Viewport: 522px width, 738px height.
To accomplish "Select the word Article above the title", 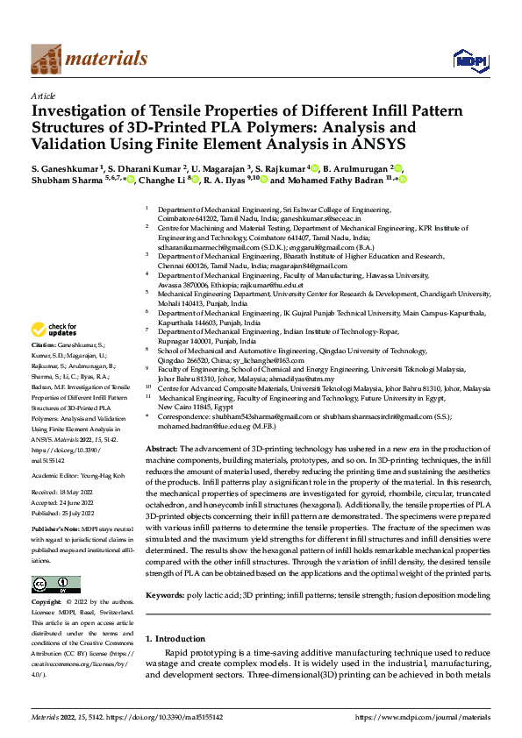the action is pos(43,95).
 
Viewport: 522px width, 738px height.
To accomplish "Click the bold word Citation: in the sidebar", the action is pos(46,346).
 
